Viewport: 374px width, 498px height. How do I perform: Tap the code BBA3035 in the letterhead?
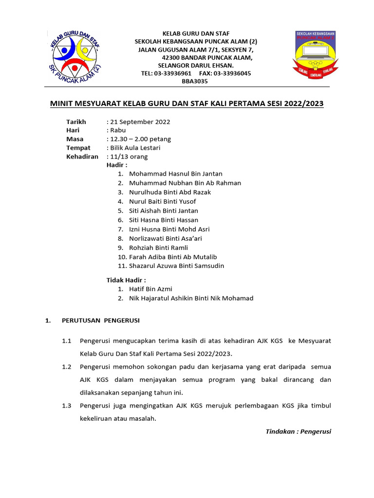point(194,82)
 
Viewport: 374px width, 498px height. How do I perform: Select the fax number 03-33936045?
point(232,73)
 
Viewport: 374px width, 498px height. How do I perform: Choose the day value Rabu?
point(117,130)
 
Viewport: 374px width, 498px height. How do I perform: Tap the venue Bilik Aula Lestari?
point(134,148)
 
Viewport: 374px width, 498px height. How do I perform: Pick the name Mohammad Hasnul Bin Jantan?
point(175,174)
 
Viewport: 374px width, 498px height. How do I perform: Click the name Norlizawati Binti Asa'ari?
point(165,238)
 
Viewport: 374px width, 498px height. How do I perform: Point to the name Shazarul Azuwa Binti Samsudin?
point(176,266)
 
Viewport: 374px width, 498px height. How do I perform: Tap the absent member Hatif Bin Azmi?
point(150,289)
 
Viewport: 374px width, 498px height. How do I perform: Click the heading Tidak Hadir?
point(126,280)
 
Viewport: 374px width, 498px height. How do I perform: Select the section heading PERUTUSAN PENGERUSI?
point(100,320)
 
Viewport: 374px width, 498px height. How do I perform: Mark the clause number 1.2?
point(67,366)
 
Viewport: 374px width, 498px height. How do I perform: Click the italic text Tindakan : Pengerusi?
point(298,431)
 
